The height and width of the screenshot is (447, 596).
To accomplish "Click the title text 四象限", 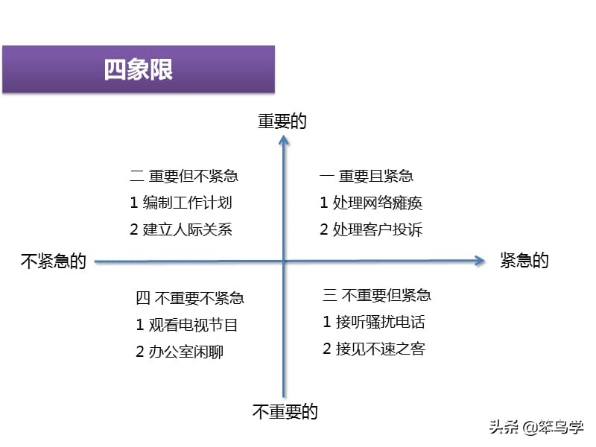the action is (139, 69).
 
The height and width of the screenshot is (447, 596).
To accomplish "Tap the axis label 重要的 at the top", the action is (282, 121).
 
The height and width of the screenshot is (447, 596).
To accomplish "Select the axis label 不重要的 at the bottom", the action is (285, 412).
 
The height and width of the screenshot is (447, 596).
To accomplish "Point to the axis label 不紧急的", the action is (54, 261).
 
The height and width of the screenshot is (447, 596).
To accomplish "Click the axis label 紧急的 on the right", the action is (524, 260).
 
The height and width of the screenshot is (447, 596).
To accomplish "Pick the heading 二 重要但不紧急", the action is (184, 176).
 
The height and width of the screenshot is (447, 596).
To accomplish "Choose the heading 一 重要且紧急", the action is (367, 176).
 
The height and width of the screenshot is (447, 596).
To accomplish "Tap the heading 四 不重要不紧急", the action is (190, 298).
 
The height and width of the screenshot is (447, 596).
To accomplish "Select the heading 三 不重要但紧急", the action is (377, 295).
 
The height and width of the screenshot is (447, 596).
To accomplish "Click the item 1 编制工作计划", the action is (181, 203).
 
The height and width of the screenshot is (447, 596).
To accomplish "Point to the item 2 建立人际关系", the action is (181, 229).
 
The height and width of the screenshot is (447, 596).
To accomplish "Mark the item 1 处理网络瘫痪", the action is (371, 203).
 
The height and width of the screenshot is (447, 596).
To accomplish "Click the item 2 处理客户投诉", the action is (371, 229).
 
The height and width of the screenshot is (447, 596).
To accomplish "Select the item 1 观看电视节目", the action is (187, 325).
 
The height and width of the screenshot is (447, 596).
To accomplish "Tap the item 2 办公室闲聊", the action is (180, 352).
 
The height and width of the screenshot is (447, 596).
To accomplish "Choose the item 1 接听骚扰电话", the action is (374, 322).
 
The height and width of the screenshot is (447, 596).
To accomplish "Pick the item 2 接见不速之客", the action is (374, 349).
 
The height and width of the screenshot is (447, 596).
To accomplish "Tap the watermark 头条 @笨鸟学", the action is (536, 427).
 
